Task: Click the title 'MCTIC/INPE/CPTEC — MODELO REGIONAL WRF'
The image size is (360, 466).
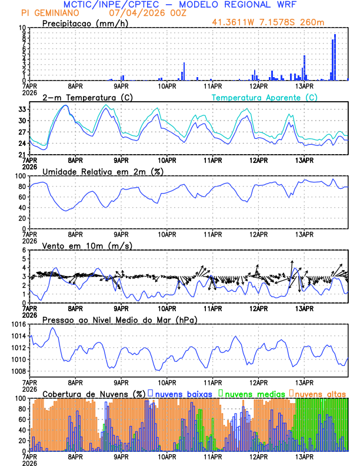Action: (179, 5)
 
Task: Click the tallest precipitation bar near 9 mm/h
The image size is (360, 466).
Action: (335, 56)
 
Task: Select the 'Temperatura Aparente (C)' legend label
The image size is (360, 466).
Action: (265, 97)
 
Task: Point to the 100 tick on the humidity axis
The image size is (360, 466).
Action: (20, 176)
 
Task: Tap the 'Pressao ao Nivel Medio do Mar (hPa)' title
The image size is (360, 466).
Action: (120, 319)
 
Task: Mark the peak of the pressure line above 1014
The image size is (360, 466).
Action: (52, 328)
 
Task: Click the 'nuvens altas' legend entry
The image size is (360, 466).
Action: (321, 393)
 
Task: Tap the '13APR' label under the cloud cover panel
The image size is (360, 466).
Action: (304, 455)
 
